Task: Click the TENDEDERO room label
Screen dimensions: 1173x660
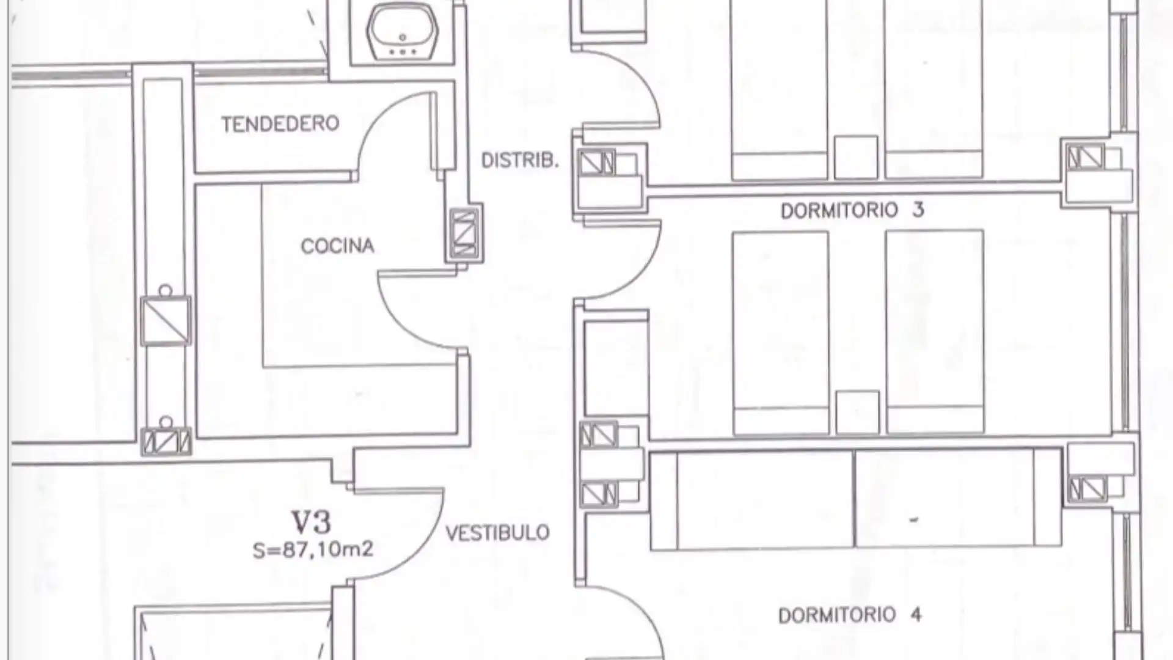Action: tap(280, 124)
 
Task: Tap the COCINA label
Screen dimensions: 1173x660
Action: tap(337, 246)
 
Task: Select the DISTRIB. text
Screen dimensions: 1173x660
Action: tap(520, 161)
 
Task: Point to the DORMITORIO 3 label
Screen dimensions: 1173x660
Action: tap(852, 210)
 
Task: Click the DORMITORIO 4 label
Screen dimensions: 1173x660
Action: tap(850, 615)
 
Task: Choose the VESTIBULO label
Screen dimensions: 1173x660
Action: tap(497, 533)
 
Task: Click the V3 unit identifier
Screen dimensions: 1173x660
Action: tap(311, 522)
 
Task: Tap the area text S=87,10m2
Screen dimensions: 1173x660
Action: tap(313, 550)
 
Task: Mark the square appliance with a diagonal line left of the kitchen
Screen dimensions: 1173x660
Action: tap(166, 321)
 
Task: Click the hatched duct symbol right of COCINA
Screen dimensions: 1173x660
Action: tap(464, 233)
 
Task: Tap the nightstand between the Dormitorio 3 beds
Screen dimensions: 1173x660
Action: tap(857, 413)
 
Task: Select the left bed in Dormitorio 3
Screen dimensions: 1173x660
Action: tap(781, 333)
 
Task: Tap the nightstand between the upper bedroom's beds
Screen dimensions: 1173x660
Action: tap(856, 157)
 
